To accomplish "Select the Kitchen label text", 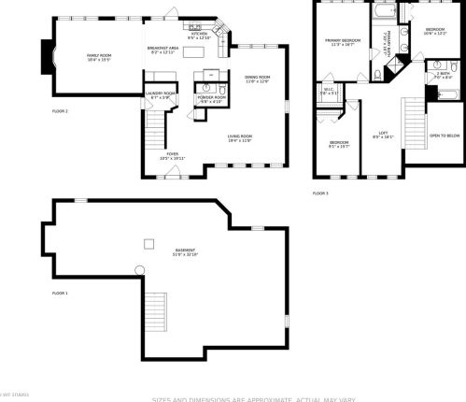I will pyautogui.click(x=200, y=35).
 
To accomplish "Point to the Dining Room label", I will pyautogui.click(x=257, y=79).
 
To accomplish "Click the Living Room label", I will pyautogui.click(x=240, y=138).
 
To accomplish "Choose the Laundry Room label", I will pyautogui.click(x=160, y=94).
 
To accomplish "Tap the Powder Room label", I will pyautogui.click(x=210, y=99).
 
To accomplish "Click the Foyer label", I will pyautogui.click(x=173, y=155).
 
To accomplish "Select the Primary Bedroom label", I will pyautogui.click(x=343, y=42).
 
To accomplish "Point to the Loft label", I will pyautogui.click(x=383, y=134).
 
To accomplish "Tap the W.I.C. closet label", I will pyautogui.click(x=329, y=91).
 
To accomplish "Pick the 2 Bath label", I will pyautogui.click(x=444, y=75).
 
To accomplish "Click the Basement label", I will pyautogui.click(x=185, y=251).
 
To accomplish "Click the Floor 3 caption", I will pyautogui.click(x=320, y=193).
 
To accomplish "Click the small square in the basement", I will pyautogui.click(x=148, y=244).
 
